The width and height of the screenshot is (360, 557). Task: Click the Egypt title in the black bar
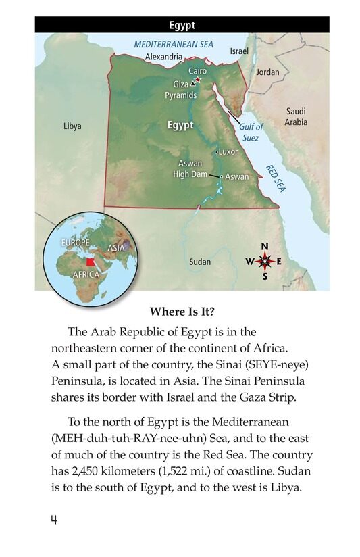point(182,25)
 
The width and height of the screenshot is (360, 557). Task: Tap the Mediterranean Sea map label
point(174,43)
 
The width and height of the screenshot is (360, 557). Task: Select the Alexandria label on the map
point(164,57)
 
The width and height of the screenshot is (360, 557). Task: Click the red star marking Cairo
point(199,79)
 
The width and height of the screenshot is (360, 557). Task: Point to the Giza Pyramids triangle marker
point(192,84)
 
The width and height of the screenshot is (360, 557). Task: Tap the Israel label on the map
point(239,51)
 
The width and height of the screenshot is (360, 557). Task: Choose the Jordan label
point(267,72)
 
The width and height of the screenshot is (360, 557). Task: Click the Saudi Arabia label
point(296,116)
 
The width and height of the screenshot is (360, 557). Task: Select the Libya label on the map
point(72,126)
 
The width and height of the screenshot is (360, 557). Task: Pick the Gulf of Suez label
point(251,132)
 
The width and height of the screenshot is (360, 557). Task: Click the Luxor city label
point(228,152)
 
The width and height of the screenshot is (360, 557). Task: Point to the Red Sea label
point(276,178)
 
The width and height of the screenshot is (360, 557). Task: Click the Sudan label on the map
point(200,262)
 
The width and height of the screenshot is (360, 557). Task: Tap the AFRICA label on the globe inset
point(86,275)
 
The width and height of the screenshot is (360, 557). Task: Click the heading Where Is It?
point(182,312)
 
